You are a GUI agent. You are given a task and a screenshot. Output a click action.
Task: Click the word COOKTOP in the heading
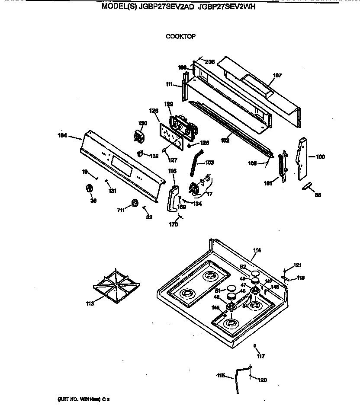[180, 36]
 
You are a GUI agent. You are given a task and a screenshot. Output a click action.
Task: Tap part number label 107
[277, 76]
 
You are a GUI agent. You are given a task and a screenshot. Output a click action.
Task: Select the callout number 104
[63, 135]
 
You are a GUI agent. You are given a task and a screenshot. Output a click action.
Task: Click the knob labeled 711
[135, 203]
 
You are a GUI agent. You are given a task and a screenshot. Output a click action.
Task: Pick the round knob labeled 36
[90, 188]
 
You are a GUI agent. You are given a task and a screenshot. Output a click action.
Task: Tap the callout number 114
[257, 250]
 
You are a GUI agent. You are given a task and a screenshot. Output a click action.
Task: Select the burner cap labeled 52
[255, 273]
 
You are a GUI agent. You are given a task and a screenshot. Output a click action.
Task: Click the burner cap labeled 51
[231, 289]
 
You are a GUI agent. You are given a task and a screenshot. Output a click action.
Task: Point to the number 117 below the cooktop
[260, 356]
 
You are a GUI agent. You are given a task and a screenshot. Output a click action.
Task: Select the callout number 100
[320, 157]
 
